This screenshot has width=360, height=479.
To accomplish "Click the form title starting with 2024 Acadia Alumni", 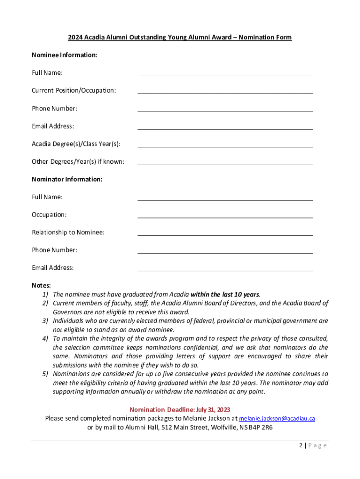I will click(x=180, y=37).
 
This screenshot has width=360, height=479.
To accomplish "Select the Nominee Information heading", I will click(x=65, y=55).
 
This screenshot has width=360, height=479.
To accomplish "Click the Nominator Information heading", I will click(x=67, y=179).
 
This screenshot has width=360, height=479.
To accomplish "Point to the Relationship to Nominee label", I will click(x=68, y=232).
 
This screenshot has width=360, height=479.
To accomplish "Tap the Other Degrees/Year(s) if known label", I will click(x=78, y=162).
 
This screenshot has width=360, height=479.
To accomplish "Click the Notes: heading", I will click(x=41, y=285).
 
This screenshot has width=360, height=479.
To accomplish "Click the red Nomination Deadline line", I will click(x=180, y=409).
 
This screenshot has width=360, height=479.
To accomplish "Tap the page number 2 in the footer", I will click(x=301, y=445).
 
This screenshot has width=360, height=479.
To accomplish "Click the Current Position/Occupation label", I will click(x=74, y=90).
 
